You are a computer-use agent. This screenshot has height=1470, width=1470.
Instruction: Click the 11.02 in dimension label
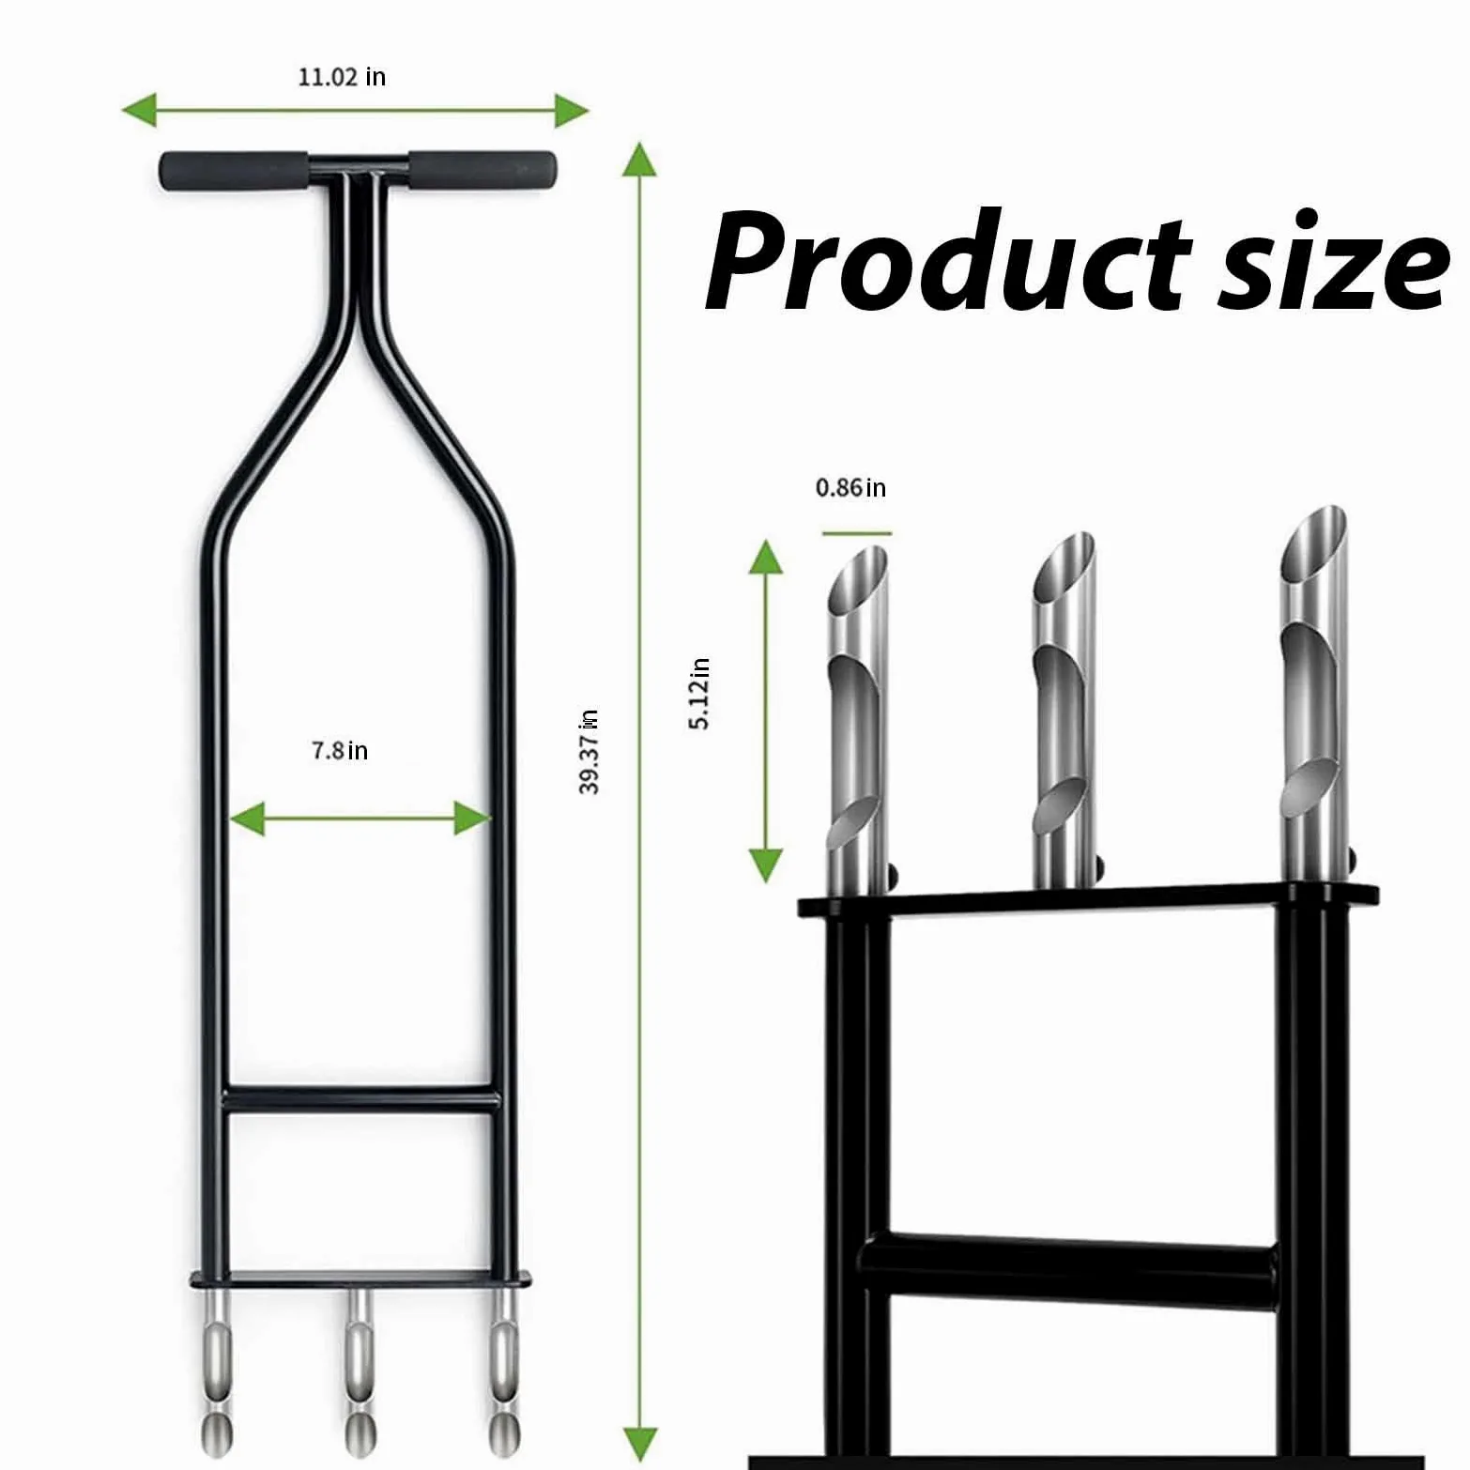point(342,77)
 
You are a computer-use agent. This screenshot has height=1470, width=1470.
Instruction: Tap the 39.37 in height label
point(589,752)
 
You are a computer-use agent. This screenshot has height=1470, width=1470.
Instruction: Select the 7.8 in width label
point(340,750)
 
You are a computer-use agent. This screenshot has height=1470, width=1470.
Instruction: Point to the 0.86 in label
point(850,487)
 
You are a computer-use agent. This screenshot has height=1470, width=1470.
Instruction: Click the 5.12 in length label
point(700,694)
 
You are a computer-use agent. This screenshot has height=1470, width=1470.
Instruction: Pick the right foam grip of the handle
point(482,170)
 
